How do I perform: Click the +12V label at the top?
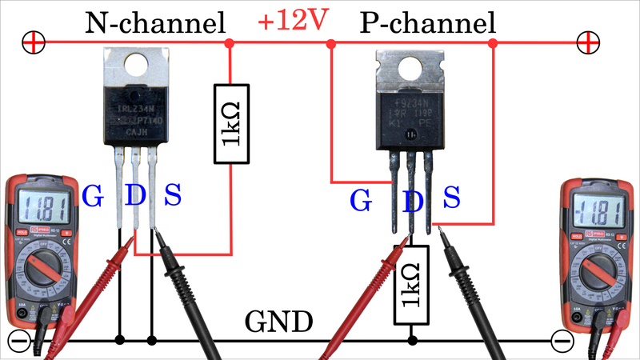[x=293, y=22]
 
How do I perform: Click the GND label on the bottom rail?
[x=278, y=323]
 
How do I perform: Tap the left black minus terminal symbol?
[x=17, y=341]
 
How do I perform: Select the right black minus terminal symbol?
[x=563, y=341]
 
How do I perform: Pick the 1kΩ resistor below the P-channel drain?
[x=412, y=284]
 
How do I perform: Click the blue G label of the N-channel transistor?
[x=93, y=196]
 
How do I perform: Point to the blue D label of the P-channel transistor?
[x=412, y=202]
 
